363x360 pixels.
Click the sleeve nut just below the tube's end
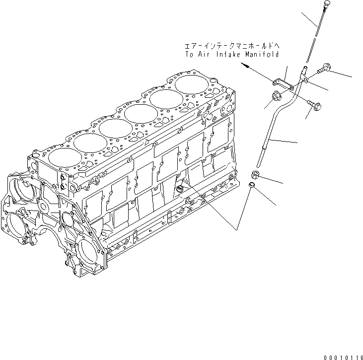[x=255, y=174]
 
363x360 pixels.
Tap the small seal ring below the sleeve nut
[x=252, y=186]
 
